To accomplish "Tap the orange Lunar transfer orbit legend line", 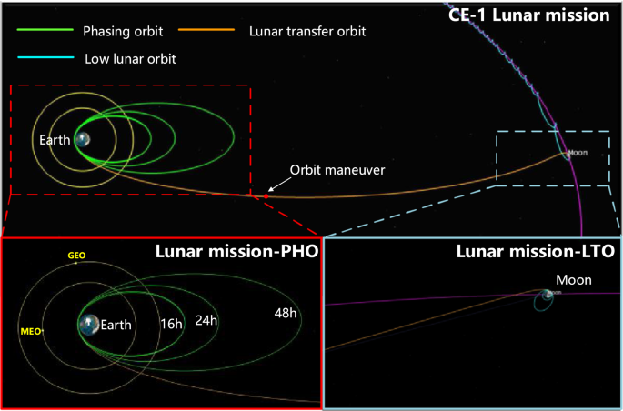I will point(209,30).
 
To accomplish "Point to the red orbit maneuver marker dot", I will point(266,194).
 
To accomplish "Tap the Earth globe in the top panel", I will point(83,139).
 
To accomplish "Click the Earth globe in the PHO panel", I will point(88,323).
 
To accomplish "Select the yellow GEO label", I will point(76,256).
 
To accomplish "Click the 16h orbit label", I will point(170,323).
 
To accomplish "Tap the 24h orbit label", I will point(207,319).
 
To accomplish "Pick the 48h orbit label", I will point(287,314).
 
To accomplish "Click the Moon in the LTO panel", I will point(547,295).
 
